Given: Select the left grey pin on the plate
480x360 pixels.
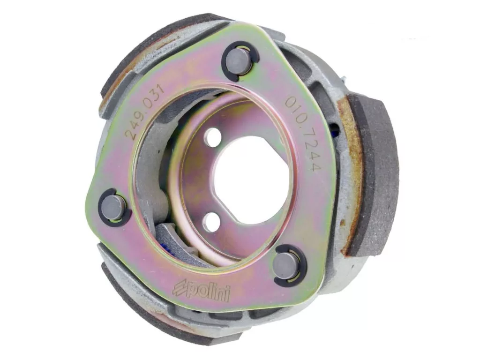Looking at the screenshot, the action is tap(113, 207).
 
